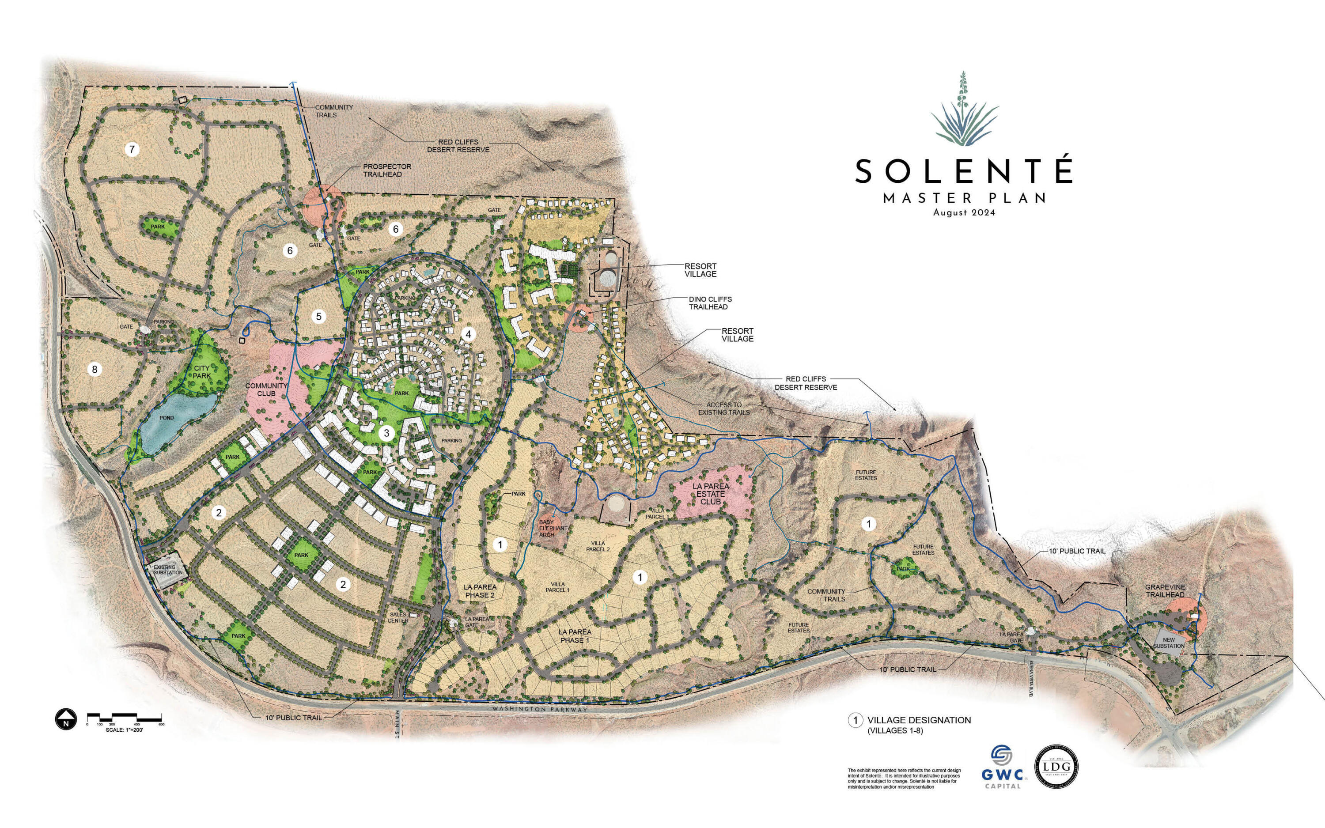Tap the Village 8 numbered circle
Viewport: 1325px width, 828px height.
coord(95,370)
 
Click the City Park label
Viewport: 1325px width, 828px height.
coord(201,372)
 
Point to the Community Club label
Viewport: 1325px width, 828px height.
coord(266,389)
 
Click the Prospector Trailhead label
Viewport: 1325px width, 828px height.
coord(386,170)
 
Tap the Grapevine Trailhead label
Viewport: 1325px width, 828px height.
coord(1165,591)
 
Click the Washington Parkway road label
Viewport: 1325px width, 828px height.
coord(539,710)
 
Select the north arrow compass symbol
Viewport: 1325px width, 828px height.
coord(65,718)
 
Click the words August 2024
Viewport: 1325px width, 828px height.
coord(964,213)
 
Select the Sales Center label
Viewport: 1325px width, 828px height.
coord(398,618)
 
